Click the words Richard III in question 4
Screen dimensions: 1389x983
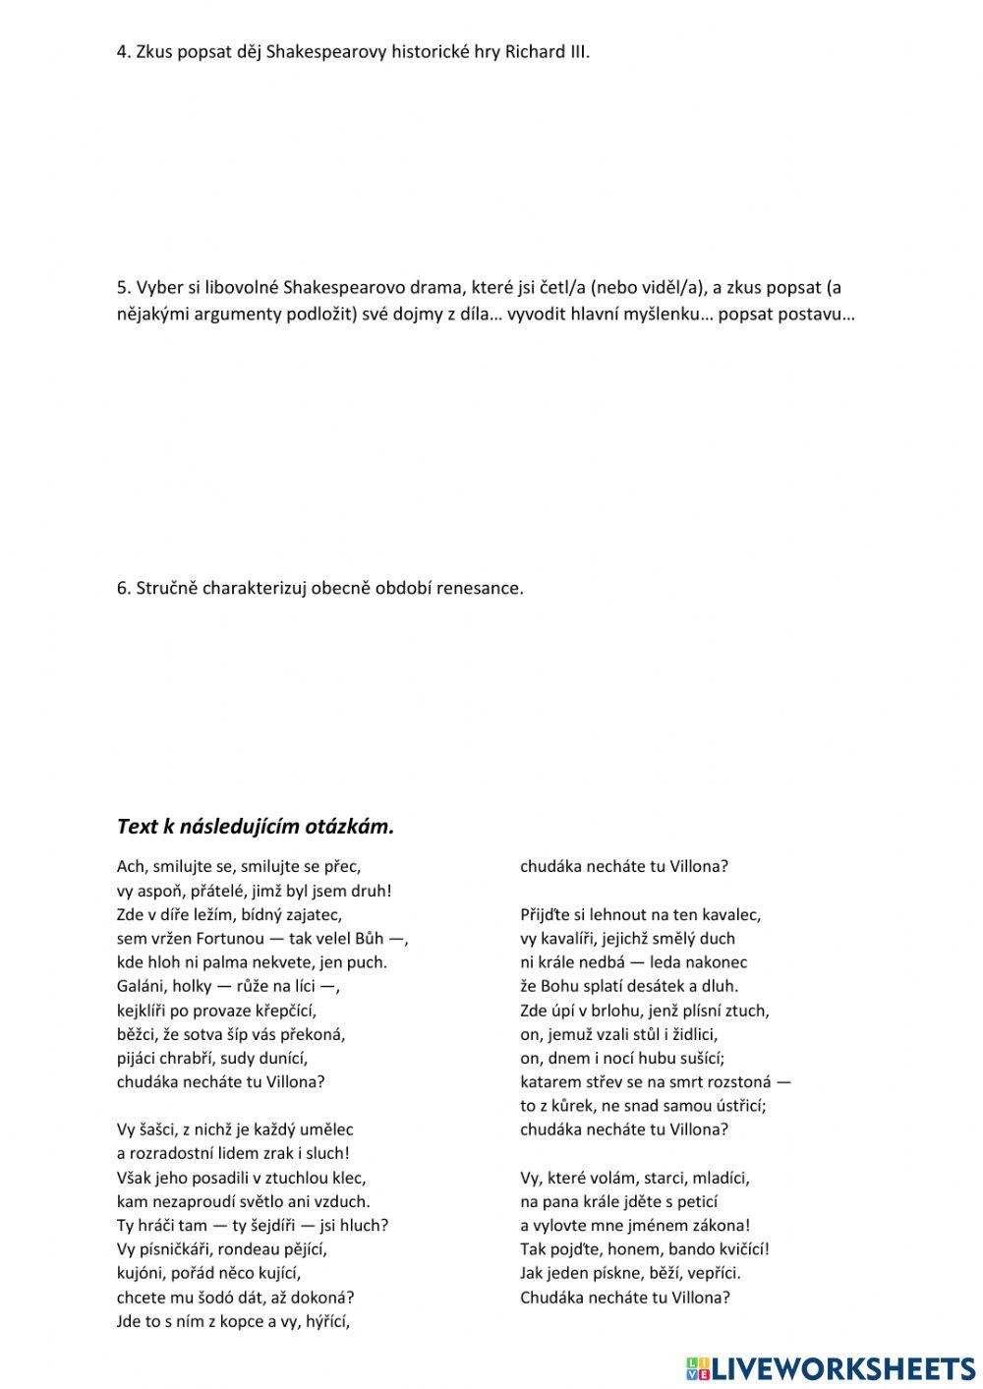click(x=547, y=52)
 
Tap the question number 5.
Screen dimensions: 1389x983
click(x=122, y=288)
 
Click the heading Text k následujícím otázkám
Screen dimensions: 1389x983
click(x=255, y=827)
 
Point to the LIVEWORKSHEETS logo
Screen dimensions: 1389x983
click(x=830, y=1367)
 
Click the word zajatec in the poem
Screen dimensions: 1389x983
click(x=314, y=915)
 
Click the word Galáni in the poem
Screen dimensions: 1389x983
click(x=140, y=986)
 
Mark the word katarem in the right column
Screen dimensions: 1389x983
click(x=550, y=1082)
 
